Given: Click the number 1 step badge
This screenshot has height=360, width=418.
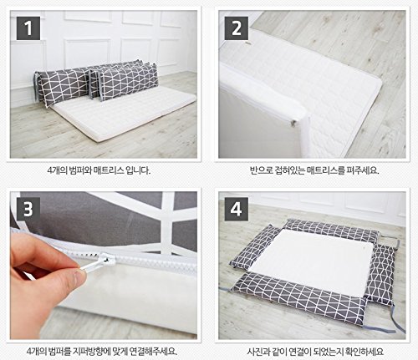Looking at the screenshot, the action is (x=28, y=28).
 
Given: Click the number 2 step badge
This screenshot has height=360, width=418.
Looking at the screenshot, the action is (x=237, y=28).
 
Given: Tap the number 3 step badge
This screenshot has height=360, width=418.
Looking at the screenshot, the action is (x=28, y=209).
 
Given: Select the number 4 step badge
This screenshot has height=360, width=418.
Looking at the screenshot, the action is (x=237, y=209).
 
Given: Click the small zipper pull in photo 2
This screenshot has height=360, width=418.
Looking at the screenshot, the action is (x=294, y=122).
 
